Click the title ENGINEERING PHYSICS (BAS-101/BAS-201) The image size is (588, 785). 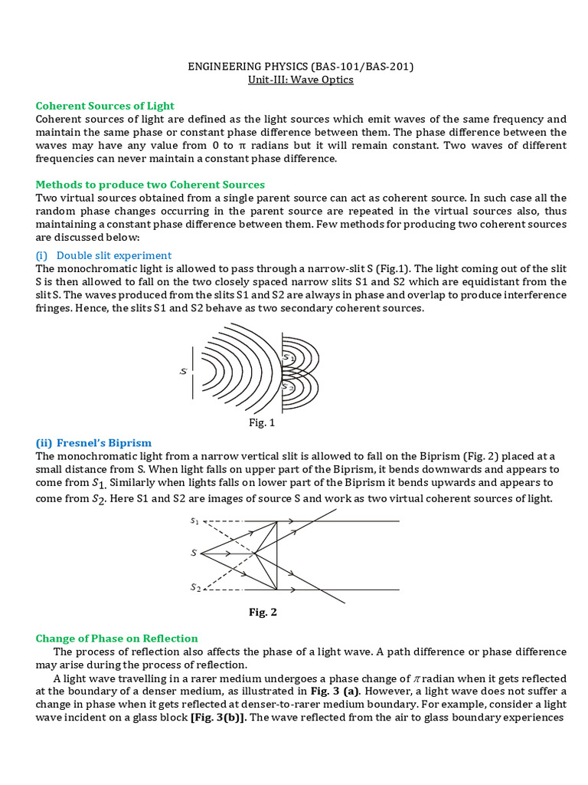tap(301, 67)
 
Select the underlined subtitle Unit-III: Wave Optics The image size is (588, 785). tap(301, 80)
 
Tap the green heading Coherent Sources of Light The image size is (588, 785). tap(105, 106)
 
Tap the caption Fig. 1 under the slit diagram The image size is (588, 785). tap(260, 422)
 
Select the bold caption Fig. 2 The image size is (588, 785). tap(263, 612)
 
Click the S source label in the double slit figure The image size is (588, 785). tap(183, 371)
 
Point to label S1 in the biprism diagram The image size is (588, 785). tap(194, 521)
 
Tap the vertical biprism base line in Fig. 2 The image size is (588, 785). tap(277, 556)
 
